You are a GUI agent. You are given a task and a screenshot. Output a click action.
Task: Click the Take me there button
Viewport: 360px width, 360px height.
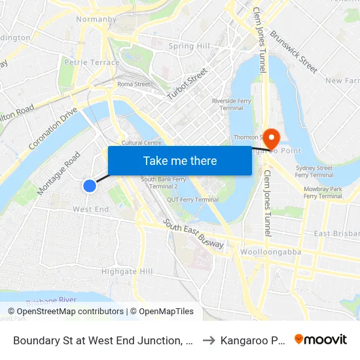click(180, 160)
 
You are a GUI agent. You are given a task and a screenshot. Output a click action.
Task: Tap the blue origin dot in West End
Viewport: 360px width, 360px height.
click(90, 186)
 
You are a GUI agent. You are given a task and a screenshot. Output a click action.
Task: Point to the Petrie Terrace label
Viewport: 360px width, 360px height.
click(92, 63)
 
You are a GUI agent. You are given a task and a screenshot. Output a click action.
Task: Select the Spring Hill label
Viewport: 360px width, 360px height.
click(189, 46)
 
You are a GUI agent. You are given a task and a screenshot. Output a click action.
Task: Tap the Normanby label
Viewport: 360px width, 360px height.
click(96, 20)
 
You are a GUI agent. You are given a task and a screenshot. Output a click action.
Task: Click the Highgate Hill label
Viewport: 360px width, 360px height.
click(127, 271)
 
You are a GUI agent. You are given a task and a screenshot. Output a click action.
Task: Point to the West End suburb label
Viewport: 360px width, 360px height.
click(90, 209)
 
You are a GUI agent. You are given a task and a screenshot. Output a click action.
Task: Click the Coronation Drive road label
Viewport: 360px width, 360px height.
click(54, 128)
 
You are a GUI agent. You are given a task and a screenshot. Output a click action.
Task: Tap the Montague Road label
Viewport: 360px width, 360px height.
click(59, 173)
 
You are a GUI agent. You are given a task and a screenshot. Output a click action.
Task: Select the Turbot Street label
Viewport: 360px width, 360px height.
click(187, 84)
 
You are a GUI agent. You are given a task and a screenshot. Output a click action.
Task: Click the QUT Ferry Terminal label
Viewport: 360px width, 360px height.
click(192, 200)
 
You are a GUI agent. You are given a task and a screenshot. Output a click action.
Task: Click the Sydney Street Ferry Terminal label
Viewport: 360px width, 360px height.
click(314, 171)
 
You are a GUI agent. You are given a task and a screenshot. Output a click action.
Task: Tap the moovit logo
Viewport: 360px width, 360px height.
click(320, 340)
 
